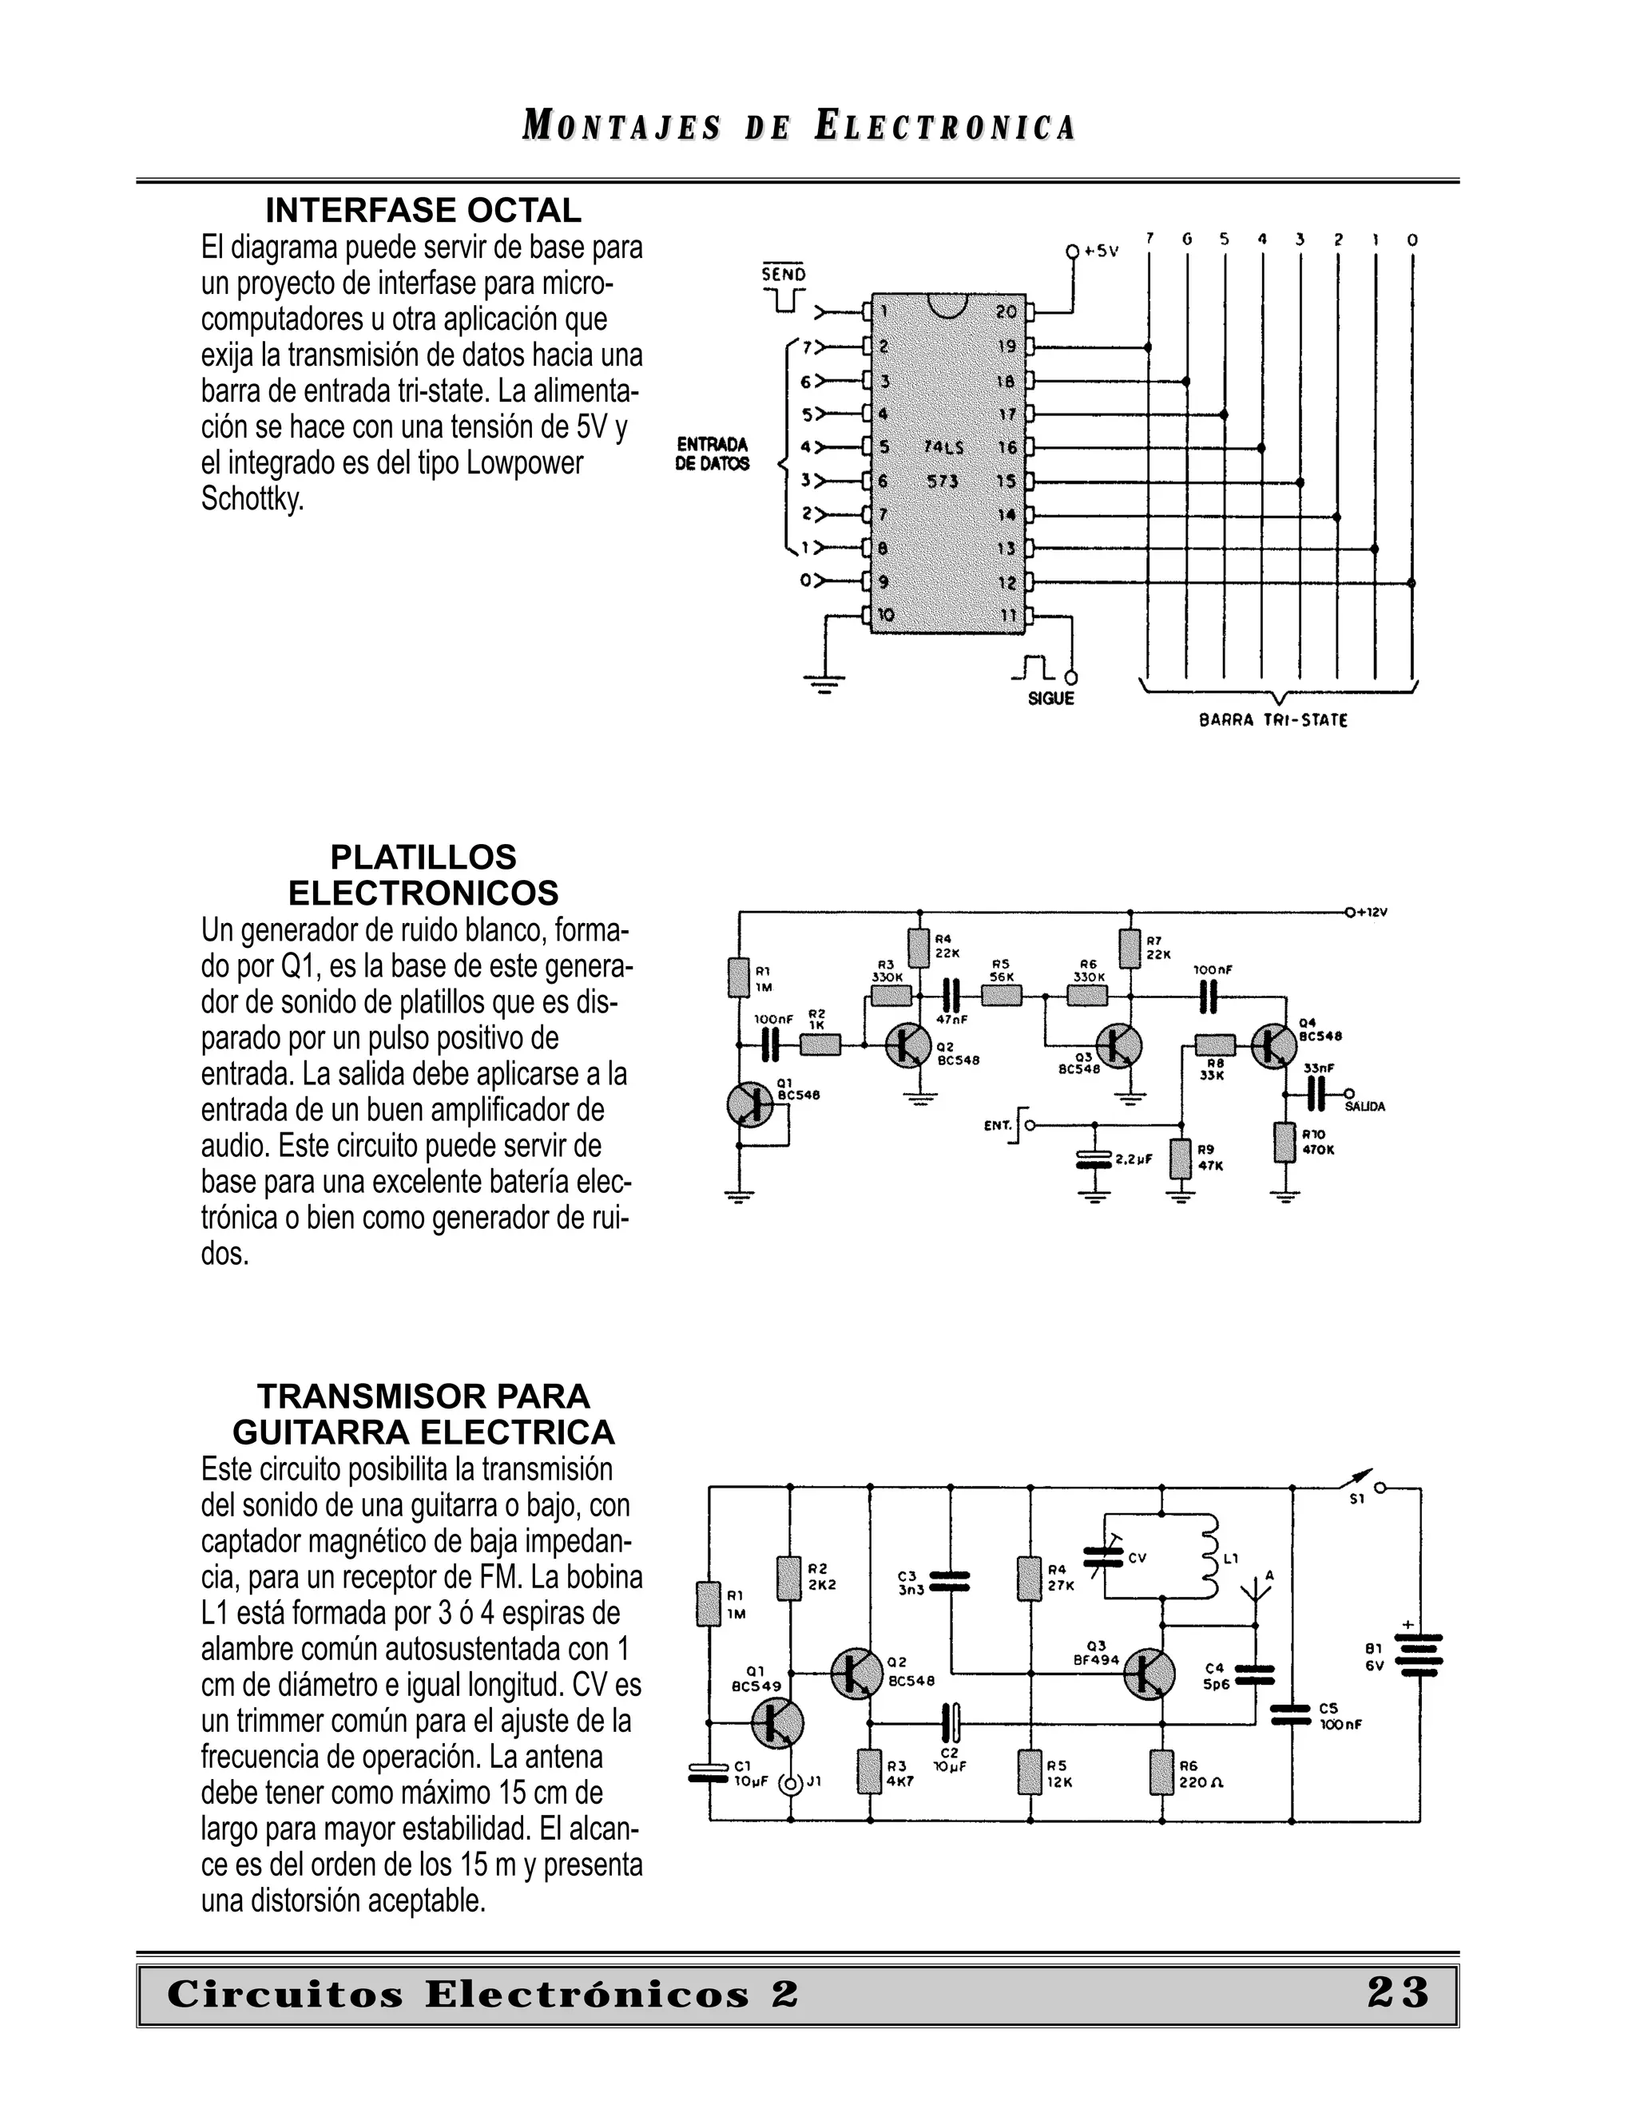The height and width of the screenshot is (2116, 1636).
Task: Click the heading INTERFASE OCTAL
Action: click(x=423, y=210)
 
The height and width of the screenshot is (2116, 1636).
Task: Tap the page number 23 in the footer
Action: click(x=1398, y=1993)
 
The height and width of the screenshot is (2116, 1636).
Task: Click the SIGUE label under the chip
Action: click(x=1050, y=699)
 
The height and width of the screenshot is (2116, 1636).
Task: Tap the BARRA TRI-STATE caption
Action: click(x=1273, y=721)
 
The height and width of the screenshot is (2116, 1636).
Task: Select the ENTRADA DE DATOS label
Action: click(x=713, y=454)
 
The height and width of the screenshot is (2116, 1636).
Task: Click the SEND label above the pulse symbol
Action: click(x=783, y=274)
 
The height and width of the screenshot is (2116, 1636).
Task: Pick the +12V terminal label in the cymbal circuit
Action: click(x=1372, y=912)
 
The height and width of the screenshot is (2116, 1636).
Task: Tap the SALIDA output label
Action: click(x=1364, y=1107)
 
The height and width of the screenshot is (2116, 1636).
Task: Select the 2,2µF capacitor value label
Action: click(x=1133, y=1159)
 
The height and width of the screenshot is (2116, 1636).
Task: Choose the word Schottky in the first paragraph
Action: click(x=252, y=499)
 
